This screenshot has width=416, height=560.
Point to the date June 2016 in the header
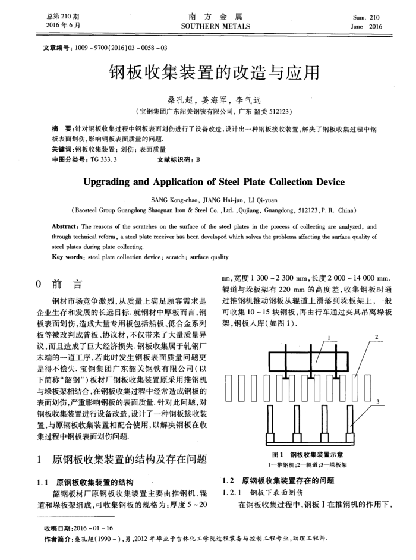367,27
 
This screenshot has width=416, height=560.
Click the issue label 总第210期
62,17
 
